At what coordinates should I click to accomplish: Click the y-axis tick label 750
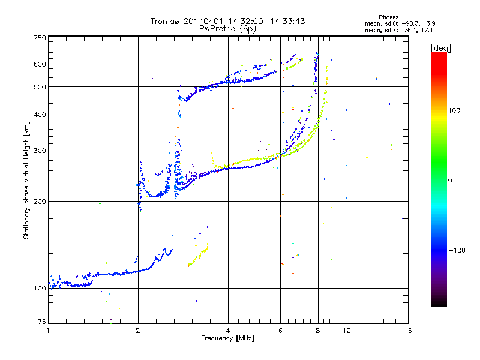pos(40,38)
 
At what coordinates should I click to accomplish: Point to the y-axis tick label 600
pos(40,64)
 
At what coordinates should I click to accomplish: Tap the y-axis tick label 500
pos(40,87)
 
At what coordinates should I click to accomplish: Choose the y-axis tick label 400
pos(40,115)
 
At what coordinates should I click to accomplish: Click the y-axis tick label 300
pos(40,151)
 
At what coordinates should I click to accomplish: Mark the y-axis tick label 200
pos(40,201)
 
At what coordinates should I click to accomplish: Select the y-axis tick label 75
pos(41,323)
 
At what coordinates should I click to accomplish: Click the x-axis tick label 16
pos(407,331)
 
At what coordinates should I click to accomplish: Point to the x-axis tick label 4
pos(228,331)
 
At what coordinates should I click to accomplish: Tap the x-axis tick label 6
pos(280,331)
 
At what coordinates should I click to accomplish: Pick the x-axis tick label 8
pos(318,331)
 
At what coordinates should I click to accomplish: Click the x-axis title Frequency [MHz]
pos(227,338)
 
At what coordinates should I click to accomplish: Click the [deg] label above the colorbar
pos(440,47)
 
